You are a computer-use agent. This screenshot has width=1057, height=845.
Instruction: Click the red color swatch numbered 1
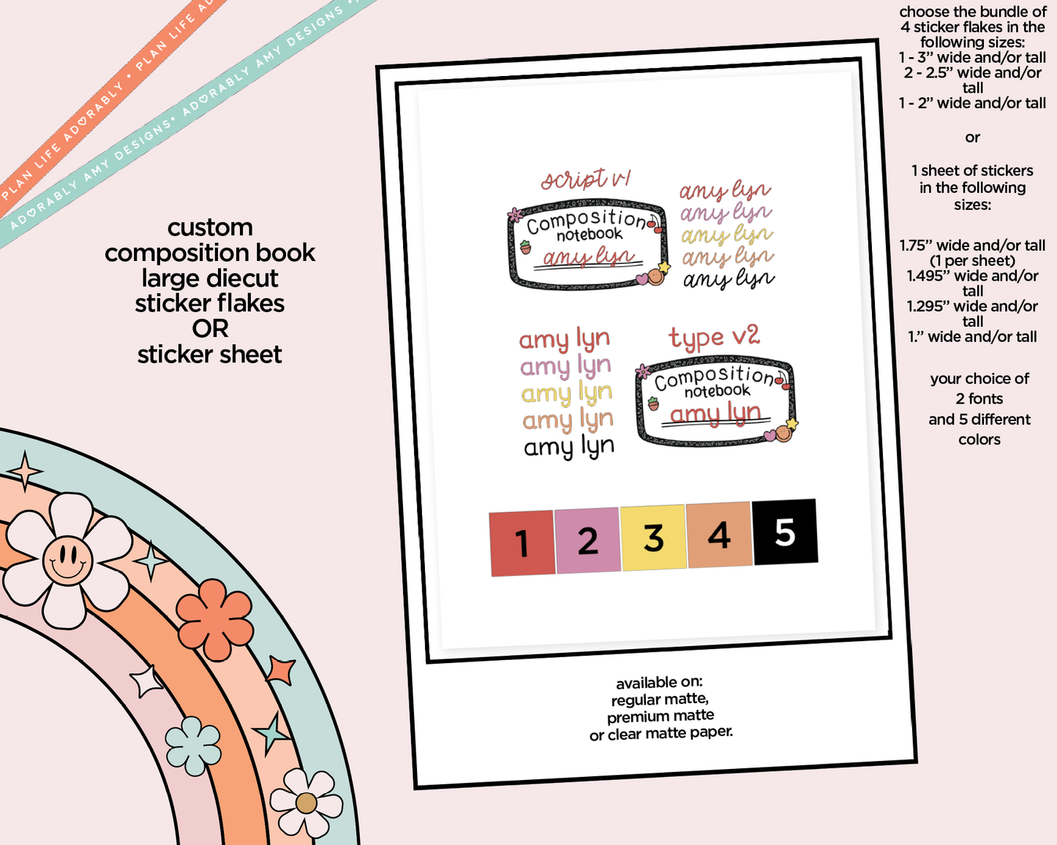click(x=522, y=543)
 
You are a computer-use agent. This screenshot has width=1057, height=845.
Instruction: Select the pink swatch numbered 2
click(x=588, y=540)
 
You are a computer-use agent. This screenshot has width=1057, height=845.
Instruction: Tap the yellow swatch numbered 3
click(x=653, y=537)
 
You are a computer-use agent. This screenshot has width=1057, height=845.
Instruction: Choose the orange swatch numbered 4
click(x=719, y=534)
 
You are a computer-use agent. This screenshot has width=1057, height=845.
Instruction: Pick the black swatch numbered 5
click(x=785, y=531)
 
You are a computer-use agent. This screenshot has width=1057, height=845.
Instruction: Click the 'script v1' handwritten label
click(x=585, y=178)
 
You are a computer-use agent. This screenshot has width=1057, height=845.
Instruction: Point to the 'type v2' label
click(x=714, y=337)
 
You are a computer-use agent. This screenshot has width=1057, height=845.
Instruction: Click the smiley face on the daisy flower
click(x=68, y=560)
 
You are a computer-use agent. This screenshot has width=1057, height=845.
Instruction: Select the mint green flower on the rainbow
click(x=193, y=746)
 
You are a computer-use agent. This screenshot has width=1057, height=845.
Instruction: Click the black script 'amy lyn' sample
click(x=729, y=279)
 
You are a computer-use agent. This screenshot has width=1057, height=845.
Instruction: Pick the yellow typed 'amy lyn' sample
click(x=567, y=393)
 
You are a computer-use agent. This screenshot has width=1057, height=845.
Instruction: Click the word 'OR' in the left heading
click(x=210, y=329)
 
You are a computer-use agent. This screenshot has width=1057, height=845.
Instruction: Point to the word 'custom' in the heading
click(x=210, y=228)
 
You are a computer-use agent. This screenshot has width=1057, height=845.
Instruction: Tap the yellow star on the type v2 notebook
click(x=791, y=423)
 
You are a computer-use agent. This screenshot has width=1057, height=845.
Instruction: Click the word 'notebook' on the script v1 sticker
click(x=590, y=235)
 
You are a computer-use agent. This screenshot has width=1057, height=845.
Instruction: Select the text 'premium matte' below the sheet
click(x=660, y=716)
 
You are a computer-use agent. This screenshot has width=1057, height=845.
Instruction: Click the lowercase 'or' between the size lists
click(x=973, y=137)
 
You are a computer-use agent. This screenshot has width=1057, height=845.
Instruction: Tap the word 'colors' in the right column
click(x=979, y=439)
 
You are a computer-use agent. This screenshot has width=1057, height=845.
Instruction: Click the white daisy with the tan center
click(x=306, y=803)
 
